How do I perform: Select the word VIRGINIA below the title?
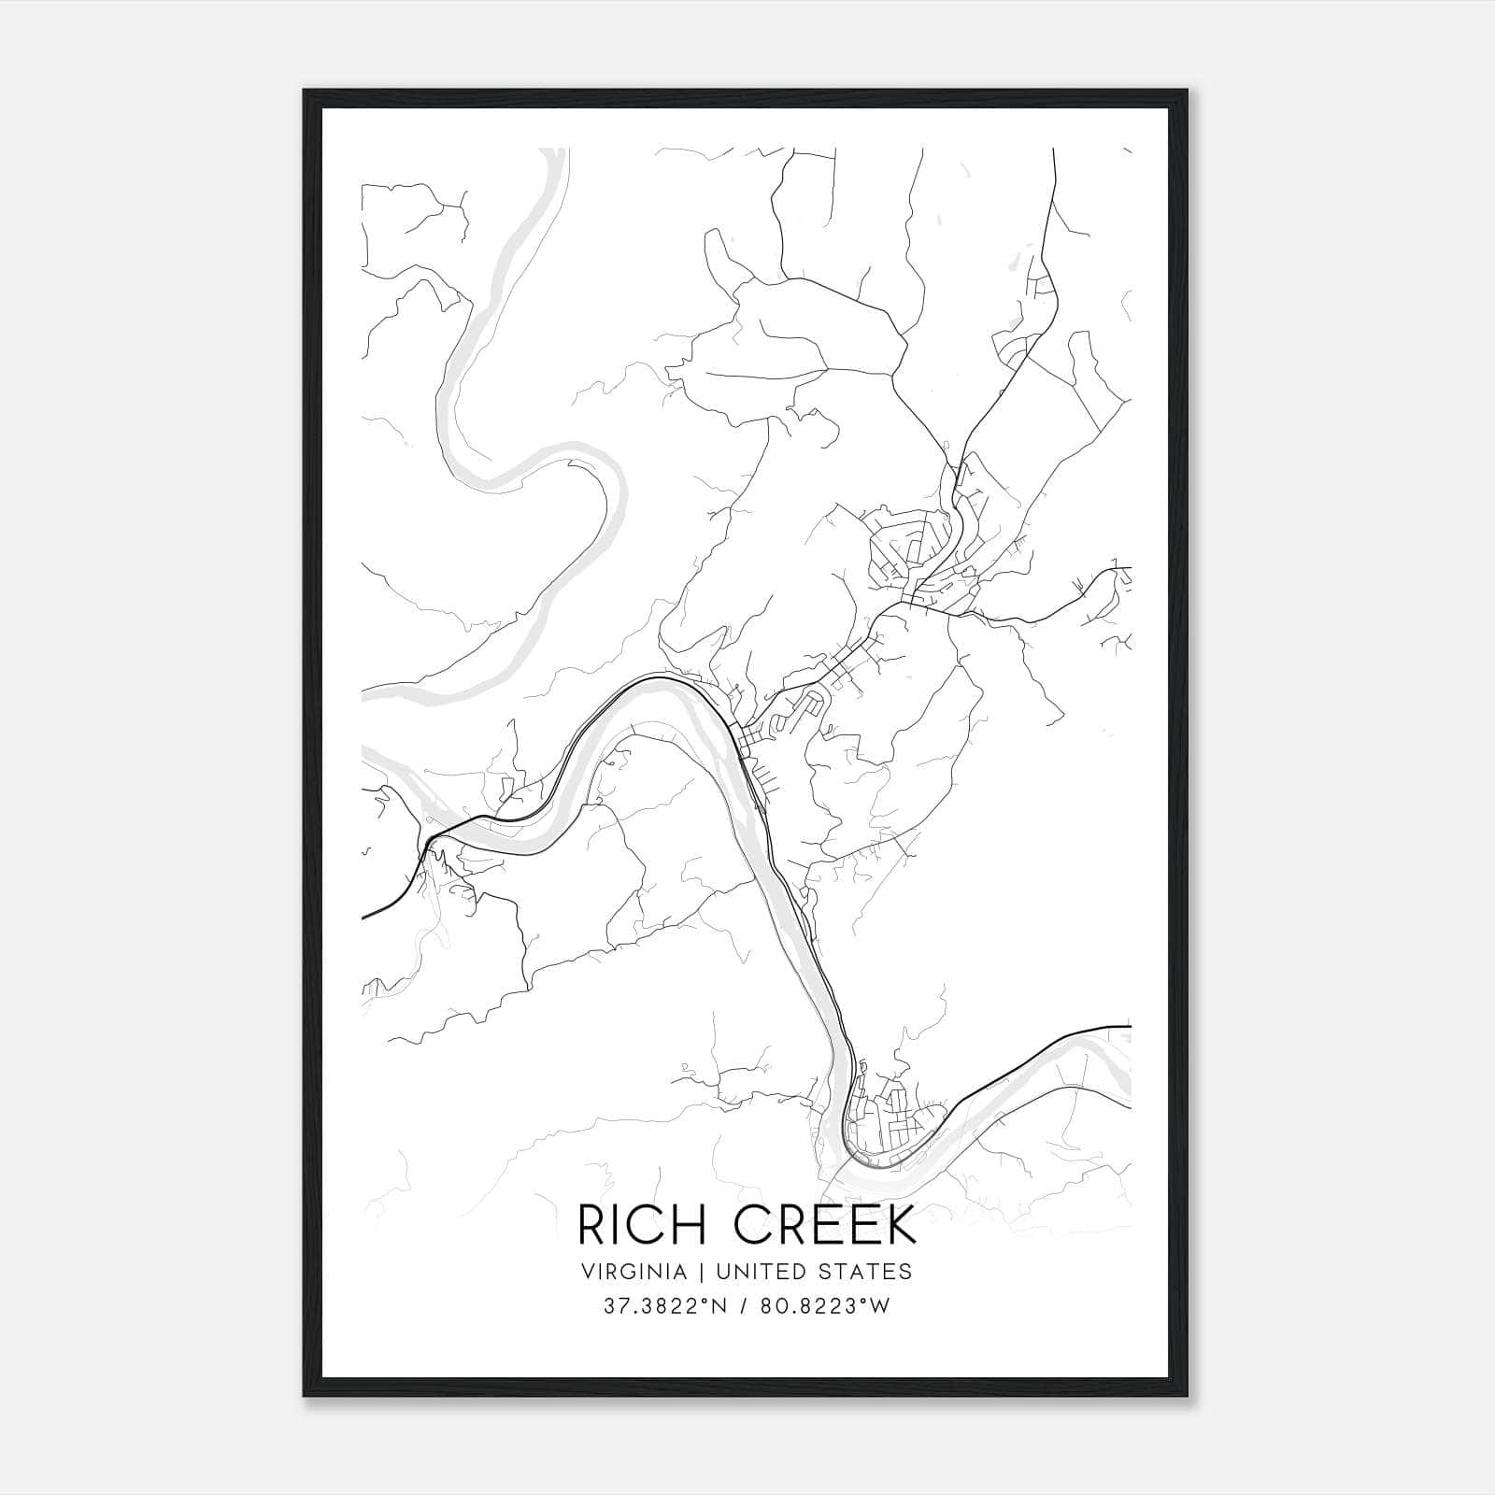(x=634, y=1272)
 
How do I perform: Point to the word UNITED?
(x=747, y=1272)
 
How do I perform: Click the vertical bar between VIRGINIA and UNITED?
(x=692, y=1272)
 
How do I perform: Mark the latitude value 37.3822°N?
(x=661, y=1306)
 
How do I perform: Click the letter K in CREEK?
(x=901, y=1226)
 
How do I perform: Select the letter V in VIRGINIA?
(x=588, y=1272)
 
